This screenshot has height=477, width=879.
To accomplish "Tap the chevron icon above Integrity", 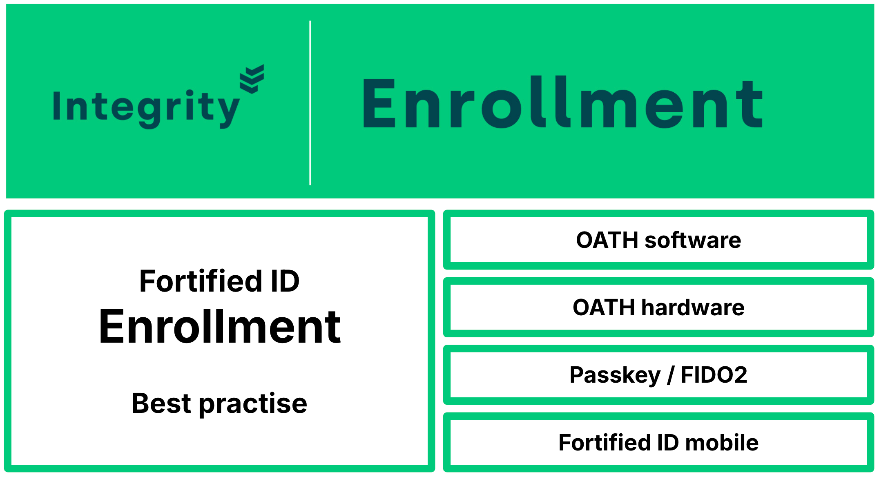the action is (x=252, y=79).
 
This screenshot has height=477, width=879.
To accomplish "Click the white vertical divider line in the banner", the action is (x=310, y=103).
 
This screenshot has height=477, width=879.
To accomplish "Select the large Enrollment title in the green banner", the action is (x=563, y=102).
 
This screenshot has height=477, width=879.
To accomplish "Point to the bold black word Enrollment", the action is (x=220, y=326).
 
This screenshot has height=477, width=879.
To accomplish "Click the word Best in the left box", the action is (x=162, y=403).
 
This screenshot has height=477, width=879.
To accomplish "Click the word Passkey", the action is (x=615, y=375).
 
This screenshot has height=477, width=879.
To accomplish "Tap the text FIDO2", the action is (x=714, y=374).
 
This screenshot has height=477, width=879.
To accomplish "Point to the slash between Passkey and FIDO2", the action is (x=671, y=375).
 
